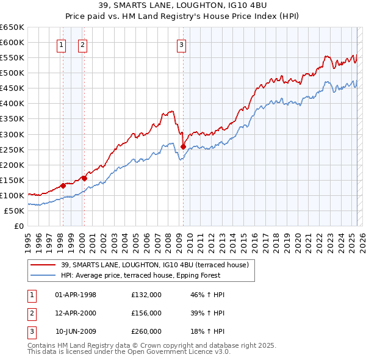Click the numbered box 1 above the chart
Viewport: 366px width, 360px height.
[x=62, y=44]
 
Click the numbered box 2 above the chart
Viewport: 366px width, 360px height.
[x=82, y=44]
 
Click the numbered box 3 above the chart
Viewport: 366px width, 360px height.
[x=182, y=44]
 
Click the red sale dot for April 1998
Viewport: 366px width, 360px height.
[x=63, y=185]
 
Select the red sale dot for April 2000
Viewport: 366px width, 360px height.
[x=84, y=178]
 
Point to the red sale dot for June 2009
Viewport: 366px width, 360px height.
[x=183, y=146]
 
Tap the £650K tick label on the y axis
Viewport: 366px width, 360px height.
[x=12, y=27]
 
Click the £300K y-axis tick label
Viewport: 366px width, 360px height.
[x=12, y=134]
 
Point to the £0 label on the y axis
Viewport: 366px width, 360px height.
[x=18, y=226]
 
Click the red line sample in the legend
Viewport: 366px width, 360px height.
[x=43, y=265]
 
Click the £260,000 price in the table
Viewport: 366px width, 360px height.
[x=146, y=331]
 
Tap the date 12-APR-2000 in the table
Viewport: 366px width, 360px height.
[x=76, y=313]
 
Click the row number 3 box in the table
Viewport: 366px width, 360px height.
[x=32, y=331]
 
